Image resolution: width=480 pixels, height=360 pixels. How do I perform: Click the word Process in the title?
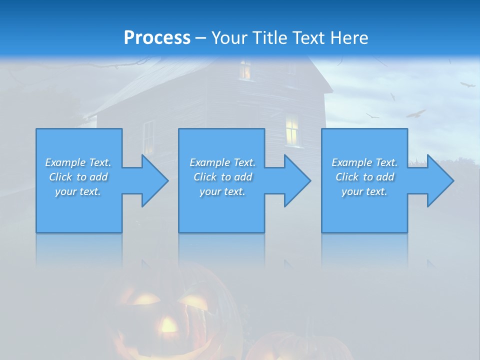pos(157,38)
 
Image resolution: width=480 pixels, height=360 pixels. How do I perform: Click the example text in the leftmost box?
pos(78,177)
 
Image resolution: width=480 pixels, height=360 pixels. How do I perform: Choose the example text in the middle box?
pos(222,177)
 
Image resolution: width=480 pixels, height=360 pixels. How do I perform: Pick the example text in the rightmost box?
pos(364,177)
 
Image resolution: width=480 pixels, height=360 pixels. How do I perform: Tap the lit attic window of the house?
pos(245,70)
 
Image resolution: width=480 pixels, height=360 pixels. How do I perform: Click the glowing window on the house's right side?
pos(292,130)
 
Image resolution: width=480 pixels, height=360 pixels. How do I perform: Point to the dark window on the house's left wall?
pos(149,137)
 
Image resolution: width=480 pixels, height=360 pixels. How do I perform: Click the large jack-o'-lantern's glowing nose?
pos(168,325)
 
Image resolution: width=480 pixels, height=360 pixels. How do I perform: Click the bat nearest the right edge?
pos(467,84)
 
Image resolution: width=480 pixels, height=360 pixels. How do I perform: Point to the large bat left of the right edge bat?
pos(415,114)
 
